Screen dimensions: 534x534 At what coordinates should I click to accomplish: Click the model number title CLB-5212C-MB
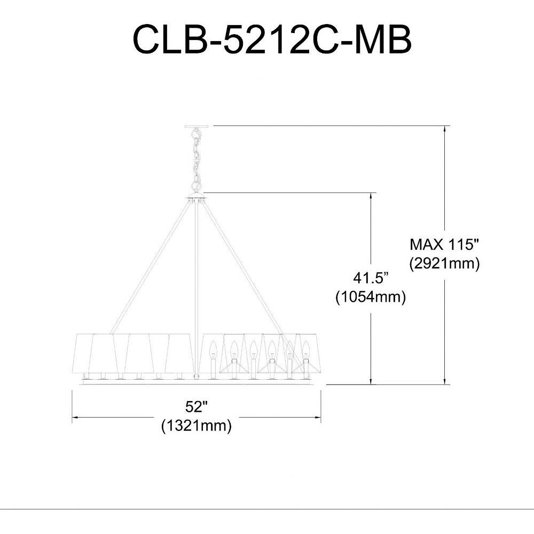272,39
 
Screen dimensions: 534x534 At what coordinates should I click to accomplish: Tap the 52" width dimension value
197,406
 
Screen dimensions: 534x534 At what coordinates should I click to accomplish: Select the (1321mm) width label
197,426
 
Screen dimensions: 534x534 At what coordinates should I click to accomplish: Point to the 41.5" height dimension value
371,278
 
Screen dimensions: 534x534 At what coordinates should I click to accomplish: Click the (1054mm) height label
371,297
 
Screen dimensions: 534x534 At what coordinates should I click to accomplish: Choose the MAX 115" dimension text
444,245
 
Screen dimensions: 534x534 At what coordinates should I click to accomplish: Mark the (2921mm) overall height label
444,263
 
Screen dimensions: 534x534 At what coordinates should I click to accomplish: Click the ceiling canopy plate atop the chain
196,127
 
